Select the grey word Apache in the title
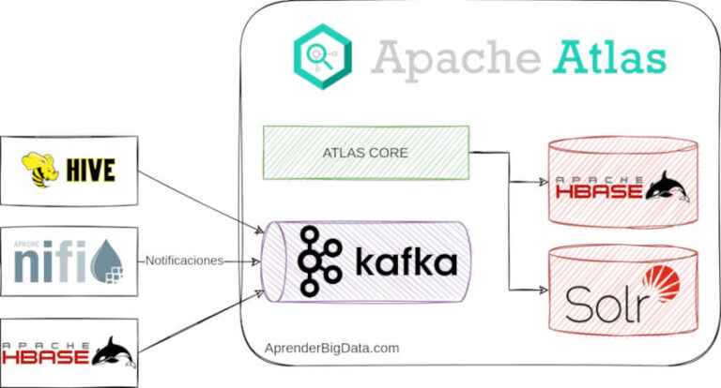coord(449,57)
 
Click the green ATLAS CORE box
coord(366,153)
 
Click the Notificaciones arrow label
coord(186,261)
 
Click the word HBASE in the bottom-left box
coord(46,357)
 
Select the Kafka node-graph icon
coord(317,261)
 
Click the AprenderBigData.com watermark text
coord(331,348)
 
